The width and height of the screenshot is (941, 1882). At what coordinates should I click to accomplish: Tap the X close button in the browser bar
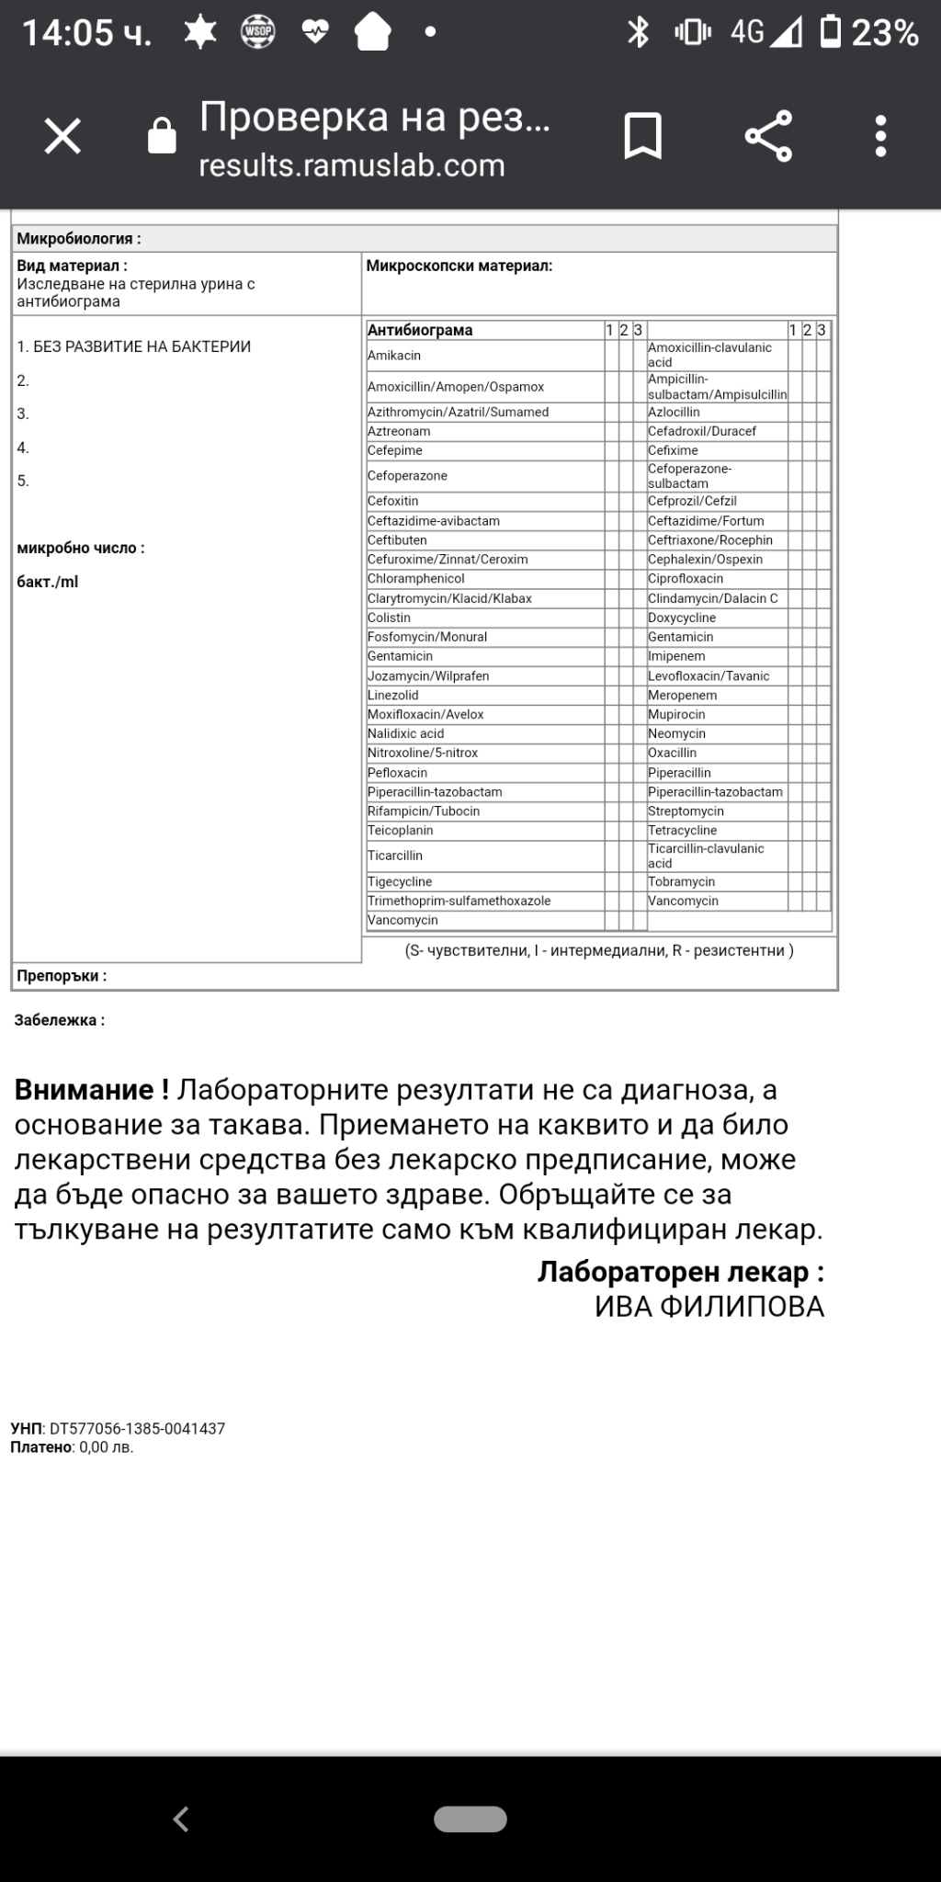[x=63, y=137]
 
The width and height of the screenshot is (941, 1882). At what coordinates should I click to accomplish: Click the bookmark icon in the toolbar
[x=642, y=137]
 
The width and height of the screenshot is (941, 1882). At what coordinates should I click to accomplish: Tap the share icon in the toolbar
[x=768, y=137]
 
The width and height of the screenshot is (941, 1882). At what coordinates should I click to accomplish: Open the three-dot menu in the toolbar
[x=880, y=137]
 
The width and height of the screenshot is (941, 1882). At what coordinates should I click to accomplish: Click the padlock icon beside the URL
[x=162, y=137]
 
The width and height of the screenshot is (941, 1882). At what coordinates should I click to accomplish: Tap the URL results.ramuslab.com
[x=352, y=165]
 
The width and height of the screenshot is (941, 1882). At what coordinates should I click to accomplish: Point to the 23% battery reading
[x=885, y=33]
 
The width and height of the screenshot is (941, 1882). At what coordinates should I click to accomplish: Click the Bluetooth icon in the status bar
[x=638, y=33]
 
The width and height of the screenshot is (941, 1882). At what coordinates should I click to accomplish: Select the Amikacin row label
[x=394, y=356]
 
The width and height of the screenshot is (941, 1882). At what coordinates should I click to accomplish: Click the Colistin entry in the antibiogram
[x=389, y=618]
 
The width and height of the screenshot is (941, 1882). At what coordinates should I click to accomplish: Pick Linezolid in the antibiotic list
[x=392, y=696]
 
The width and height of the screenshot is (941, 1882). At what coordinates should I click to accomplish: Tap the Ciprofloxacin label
[x=686, y=579]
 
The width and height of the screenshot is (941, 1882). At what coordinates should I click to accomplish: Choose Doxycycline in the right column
[x=682, y=618]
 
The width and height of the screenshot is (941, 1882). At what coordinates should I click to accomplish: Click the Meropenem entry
[x=683, y=696]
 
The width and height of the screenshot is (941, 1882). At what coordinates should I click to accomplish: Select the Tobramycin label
[x=681, y=882]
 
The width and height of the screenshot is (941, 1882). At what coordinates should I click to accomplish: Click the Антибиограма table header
[x=420, y=330]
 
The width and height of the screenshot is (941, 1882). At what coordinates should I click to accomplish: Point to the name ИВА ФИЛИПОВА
[x=709, y=1307]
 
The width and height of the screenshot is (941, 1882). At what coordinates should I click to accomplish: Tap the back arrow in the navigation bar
[x=181, y=1818]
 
